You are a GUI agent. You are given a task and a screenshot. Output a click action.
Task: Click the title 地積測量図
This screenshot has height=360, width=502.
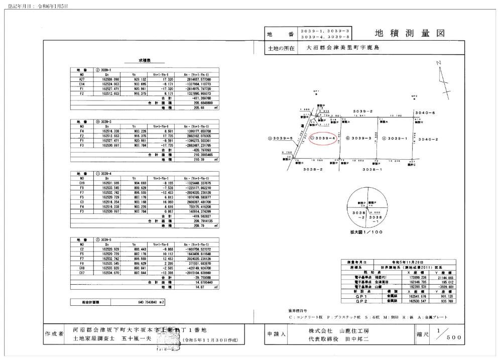[x=410, y=34]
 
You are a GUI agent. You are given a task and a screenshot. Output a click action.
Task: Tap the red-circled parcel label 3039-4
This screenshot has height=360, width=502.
[x=322, y=138]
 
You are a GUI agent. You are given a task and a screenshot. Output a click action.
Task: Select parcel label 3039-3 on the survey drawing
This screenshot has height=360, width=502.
[x=361, y=138]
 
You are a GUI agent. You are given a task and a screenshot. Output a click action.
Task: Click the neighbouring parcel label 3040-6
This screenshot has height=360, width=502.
[x=425, y=112]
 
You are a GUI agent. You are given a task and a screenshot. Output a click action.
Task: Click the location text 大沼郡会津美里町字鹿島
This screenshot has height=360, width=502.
[x=339, y=49]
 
